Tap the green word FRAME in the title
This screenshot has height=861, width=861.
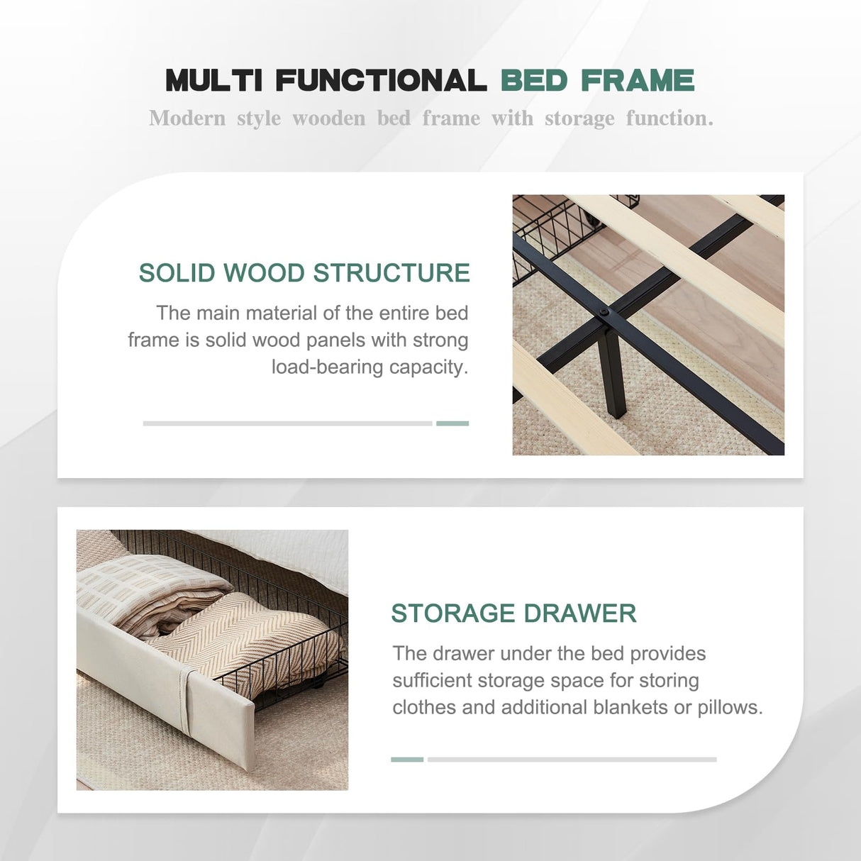tap(637, 80)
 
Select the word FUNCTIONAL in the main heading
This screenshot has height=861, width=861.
tap(381, 80)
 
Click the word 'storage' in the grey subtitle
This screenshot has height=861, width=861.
tap(579, 119)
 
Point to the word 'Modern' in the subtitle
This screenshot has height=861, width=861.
tap(187, 118)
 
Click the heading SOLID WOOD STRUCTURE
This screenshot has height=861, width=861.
tap(304, 272)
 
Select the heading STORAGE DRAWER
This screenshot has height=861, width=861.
tap(513, 613)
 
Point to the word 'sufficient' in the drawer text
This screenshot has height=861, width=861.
tap(430, 680)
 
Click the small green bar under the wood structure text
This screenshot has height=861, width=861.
tap(452, 423)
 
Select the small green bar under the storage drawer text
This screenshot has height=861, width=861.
tap(407, 760)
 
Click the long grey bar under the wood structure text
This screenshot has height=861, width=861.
tap(288, 423)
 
